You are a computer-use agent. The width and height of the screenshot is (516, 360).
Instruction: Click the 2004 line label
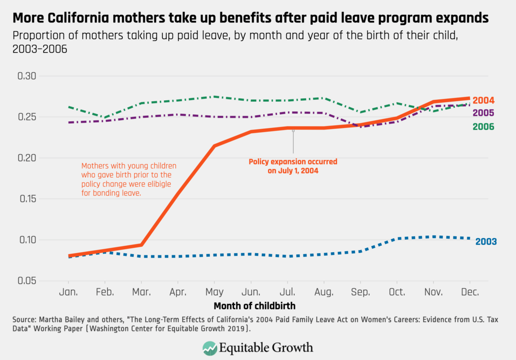pos(484,100)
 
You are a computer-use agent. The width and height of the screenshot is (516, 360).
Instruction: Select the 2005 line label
pos(484,113)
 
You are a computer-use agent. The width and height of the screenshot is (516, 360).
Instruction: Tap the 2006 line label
pos(484,127)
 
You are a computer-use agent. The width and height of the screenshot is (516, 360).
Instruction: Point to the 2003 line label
pos(486,242)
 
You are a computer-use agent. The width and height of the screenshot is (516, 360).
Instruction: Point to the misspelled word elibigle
pos(163,184)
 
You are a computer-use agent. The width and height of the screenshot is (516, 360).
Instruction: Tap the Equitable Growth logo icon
pos(210,348)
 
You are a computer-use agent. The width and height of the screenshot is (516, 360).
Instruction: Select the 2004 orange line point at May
pos(214,146)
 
